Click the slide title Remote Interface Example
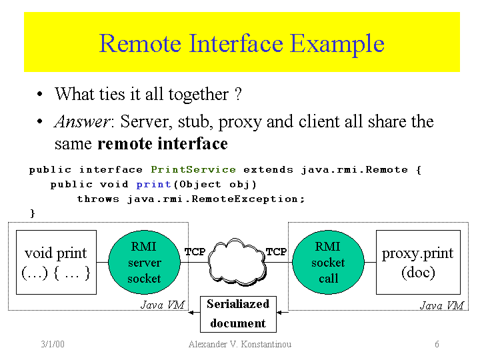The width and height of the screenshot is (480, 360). click(241, 43)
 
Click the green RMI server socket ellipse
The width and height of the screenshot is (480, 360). click(144, 263)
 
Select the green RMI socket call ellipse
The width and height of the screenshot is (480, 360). click(328, 263)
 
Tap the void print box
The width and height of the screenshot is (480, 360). click(56, 262)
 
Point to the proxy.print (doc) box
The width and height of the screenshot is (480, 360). click(417, 262)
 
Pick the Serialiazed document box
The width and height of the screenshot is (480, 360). click(238, 313)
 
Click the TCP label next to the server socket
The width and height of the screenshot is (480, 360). click(195, 252)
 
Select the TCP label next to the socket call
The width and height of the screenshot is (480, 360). click(276, 252)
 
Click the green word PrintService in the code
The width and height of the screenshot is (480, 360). click(193, 170)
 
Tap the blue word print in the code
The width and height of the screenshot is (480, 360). click(153, 185)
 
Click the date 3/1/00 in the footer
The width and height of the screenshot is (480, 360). click(52, 344)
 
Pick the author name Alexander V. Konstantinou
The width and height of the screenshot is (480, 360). click(240, 344)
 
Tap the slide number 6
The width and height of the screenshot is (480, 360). click(437, 344)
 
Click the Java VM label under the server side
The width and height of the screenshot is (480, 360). click(162, 305)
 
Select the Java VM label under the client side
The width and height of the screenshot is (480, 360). click(441, 305)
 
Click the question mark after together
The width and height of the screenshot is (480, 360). click(237, 94)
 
